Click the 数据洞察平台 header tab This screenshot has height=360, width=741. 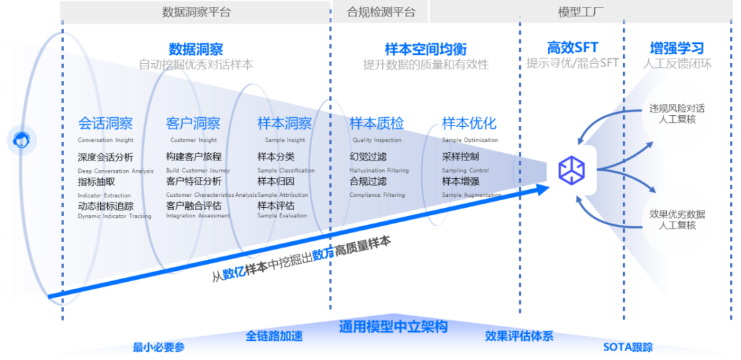point(196,12)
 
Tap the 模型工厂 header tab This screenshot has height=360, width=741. point(580,12)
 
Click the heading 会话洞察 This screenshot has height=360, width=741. point(105,123)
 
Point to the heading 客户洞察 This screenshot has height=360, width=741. point(193,123)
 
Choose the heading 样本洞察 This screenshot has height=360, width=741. point(284,123)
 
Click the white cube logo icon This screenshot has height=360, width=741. point(571,170)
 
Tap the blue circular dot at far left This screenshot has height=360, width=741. point(21,141)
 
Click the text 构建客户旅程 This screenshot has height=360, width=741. point(193,157)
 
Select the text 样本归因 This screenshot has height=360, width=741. point(276,182)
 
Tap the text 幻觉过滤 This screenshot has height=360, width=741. point(368,157)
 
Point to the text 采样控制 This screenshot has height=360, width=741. point(460,157)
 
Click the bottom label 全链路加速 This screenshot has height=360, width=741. point(274,336)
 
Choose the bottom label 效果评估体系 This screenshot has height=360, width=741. point(519,336)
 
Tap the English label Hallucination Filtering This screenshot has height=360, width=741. point(379,171)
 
